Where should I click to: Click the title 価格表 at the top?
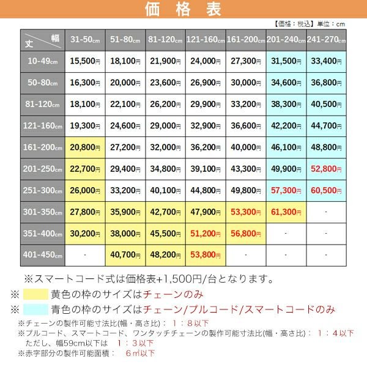point(183,10)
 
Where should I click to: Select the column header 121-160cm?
point(206,40)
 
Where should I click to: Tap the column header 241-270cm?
point(327,40)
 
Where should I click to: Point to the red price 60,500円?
point(327,190)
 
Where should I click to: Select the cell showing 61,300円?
point(286,211)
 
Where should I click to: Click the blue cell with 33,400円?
point(327,61)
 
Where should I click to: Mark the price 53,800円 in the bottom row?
point(206,253)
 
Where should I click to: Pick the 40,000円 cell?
point(246,147)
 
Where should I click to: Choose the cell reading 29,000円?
point(165,125)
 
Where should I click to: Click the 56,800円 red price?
point(246,232)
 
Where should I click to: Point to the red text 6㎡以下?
point(140,353)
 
